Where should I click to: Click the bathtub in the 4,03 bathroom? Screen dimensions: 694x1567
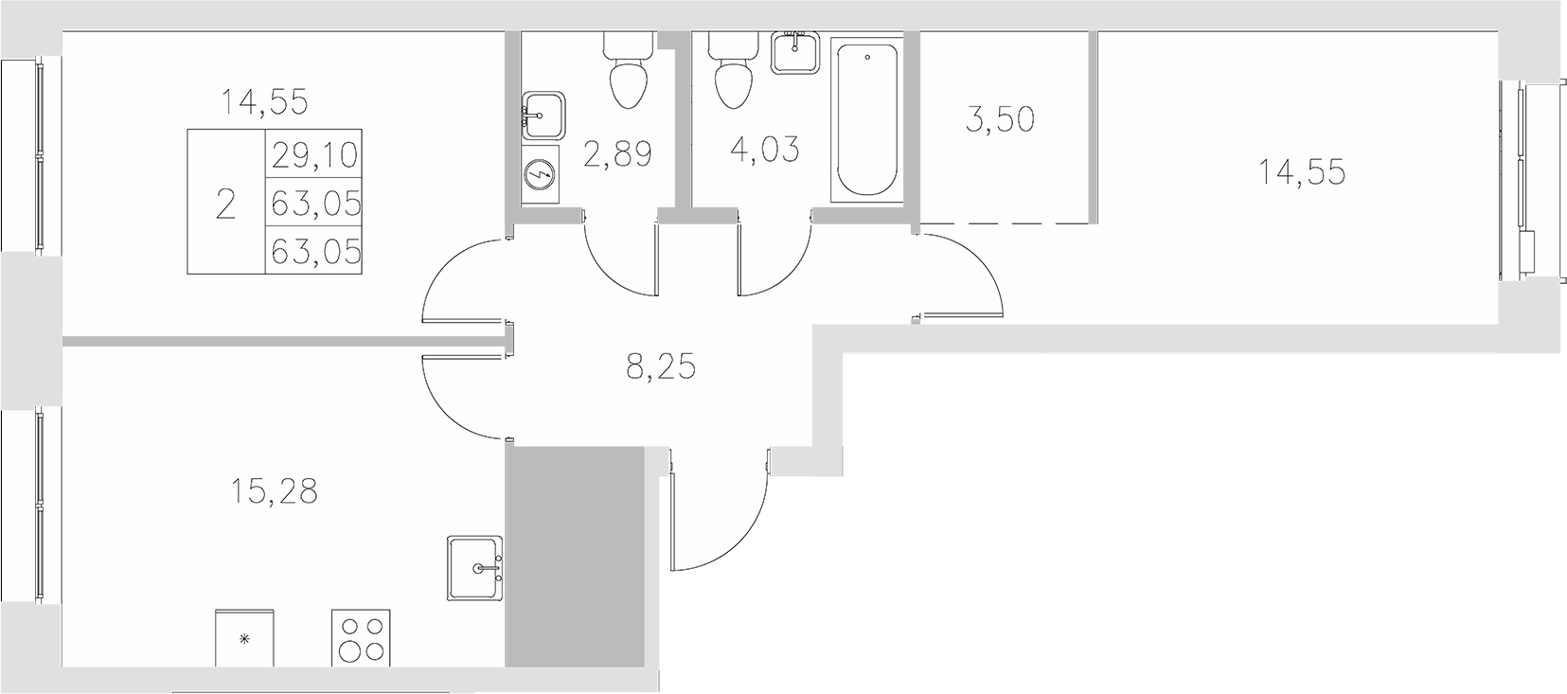tap(866, 119)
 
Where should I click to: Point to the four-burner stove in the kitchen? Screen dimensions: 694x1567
tap(361, 638)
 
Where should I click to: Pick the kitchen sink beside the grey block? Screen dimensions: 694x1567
tap(476, 568)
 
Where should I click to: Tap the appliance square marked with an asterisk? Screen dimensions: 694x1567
tap(245, 638)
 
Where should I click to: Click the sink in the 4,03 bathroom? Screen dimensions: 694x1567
tap(794, 51)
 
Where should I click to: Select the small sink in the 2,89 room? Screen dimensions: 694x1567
tap(543, 116)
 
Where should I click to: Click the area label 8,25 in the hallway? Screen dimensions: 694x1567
tap(661, 366)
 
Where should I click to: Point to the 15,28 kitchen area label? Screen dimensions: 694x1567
tap(273, 491)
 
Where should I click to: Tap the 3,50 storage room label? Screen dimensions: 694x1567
tap(1002, 120)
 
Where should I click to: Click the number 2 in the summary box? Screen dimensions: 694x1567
tap(225, 204)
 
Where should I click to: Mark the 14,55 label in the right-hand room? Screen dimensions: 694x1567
tap(1302, 172)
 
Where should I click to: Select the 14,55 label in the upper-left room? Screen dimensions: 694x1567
tap(264, 101)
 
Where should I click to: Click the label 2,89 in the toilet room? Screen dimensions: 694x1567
tap(617, 154)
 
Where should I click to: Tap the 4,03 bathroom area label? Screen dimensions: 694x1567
tap(765, 149)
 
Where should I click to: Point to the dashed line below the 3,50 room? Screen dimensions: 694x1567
tap(1006, 223)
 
